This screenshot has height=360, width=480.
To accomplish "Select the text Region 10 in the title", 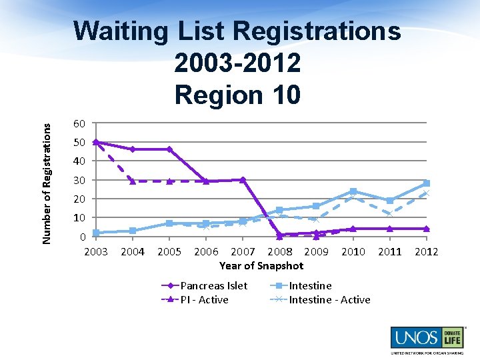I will point(237,94).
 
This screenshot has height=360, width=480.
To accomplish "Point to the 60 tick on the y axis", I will point(79,123).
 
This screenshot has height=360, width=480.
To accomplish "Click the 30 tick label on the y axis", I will point(79,180).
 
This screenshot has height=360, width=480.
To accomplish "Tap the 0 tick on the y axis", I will point(82,237).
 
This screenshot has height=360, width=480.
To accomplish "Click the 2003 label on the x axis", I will point(96,251).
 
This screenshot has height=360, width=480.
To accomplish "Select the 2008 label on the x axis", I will point(279,251).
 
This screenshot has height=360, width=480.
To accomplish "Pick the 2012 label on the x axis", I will point(426,251).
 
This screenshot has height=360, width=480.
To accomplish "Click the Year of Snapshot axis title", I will point(261,265).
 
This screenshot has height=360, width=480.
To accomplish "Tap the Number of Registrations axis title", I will point(47,176).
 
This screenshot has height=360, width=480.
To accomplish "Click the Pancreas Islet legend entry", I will point(213,285).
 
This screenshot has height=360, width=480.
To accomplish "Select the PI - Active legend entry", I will point(204,299).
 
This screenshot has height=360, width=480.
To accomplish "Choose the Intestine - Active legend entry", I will point(329,299).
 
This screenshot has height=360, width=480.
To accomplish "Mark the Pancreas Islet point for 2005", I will point(169,149).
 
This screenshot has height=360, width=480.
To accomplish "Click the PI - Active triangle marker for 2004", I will point(133,181).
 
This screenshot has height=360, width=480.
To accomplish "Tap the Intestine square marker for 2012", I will point(426,183).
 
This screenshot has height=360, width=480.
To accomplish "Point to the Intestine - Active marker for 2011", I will point(389,214).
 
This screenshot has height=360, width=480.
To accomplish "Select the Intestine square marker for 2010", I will point(353,191).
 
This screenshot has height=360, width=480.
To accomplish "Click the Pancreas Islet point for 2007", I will point(243,179).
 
